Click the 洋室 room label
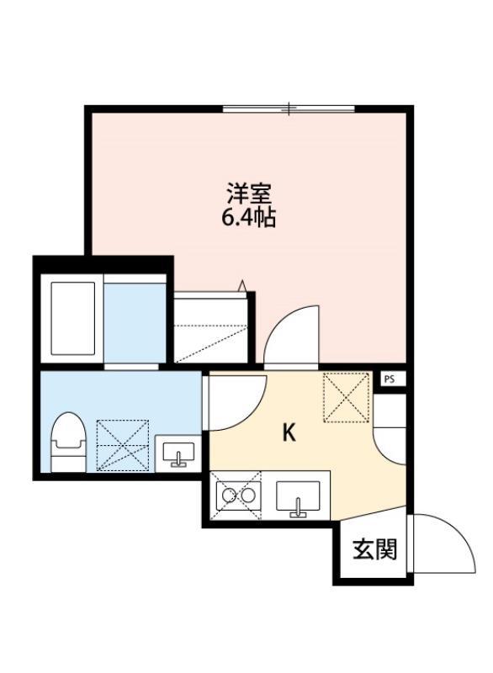250,193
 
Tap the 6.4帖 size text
250,218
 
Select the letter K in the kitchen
288,433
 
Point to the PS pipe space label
389,379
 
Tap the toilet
67,442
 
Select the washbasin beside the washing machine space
178,454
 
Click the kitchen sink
297,498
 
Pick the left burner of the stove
227,495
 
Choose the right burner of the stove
248,495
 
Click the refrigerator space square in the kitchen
347,395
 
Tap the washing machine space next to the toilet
122,444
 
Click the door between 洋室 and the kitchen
290,336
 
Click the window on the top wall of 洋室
289,108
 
